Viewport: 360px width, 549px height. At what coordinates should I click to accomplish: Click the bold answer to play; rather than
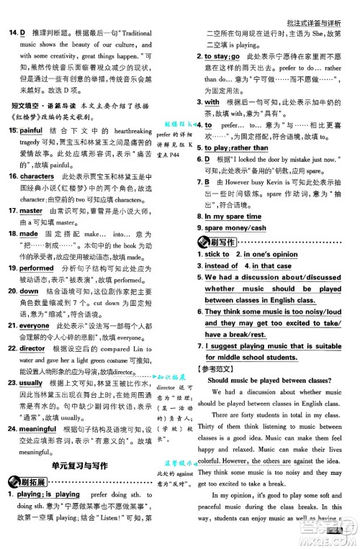coord(237,148)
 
